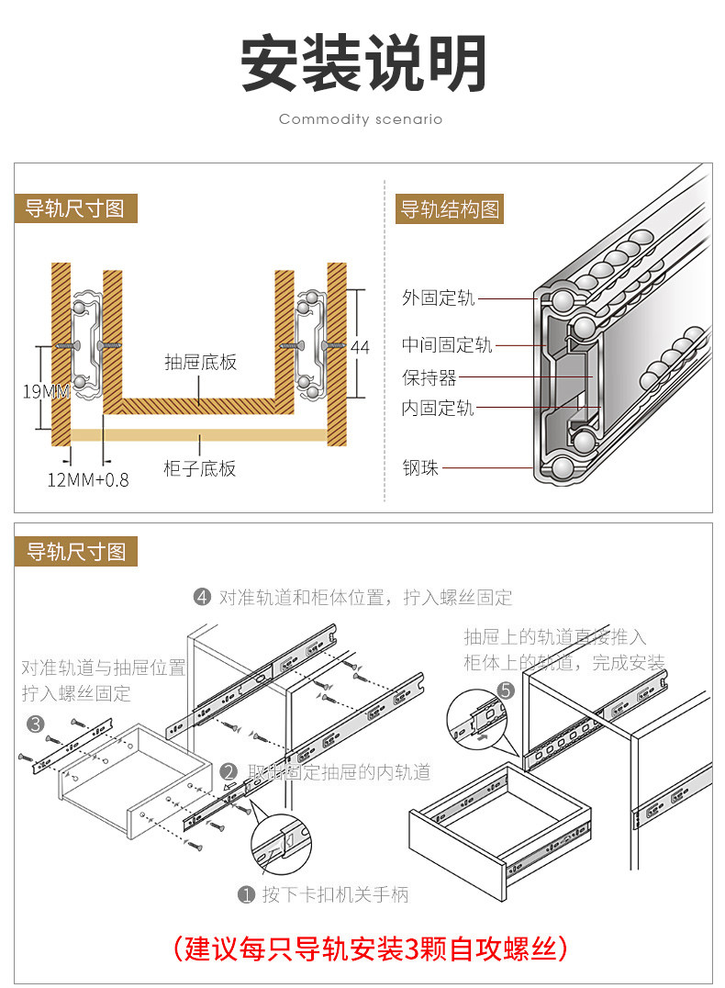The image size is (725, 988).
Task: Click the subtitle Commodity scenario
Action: click(361, 119)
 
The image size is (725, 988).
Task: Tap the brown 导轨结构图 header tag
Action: click(450, 209)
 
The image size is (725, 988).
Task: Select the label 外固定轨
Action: click(438, 298)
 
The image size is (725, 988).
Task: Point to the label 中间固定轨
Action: click(447, 345)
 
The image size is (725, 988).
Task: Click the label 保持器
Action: click(429, 377)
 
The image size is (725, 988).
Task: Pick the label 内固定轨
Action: click(438, 409)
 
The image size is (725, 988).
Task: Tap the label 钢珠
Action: click(420, 468)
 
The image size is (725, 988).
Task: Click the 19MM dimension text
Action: click(46, 392)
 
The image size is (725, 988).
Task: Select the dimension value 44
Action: click(360, 347)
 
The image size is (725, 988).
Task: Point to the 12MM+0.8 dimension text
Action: click(88, 478)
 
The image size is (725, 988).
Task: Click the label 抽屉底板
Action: click(200, 362)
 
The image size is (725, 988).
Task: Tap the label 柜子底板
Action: click(200, 469)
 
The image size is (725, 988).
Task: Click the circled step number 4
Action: click(203, 598)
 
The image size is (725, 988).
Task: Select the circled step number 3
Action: click(36, 724)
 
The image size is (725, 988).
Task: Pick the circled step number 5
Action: click(506, 690)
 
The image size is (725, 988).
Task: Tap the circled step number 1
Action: click(246, 894)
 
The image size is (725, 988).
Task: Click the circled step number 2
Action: click(229, 772)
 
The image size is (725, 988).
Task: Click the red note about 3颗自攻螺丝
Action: click(364, 948)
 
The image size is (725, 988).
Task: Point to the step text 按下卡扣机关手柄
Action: click(335, 894)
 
